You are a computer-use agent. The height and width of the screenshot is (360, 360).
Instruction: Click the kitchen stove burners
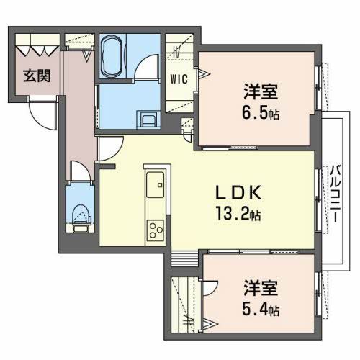click(156, 231)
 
